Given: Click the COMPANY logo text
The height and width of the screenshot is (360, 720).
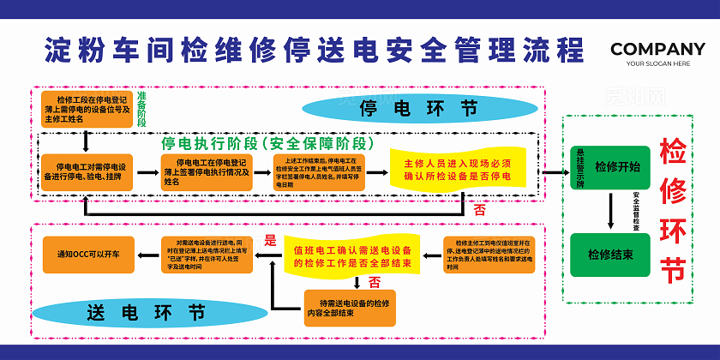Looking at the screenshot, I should coord(657,48).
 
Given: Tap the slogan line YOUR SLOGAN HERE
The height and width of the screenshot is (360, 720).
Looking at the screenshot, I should coord(657,63).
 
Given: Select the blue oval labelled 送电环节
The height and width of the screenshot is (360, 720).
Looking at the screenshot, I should coord(147,313).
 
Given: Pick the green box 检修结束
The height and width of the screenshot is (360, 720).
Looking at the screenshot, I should coord(610,255).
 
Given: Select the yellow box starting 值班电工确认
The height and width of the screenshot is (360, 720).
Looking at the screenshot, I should coord(351,255).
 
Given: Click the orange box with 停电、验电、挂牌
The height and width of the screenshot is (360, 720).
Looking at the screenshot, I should coord(88,171).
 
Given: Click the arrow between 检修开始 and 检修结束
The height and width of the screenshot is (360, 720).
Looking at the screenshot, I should coord(610,211).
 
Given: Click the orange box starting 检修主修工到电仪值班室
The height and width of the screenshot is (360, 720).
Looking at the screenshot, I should coord(489,255).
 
